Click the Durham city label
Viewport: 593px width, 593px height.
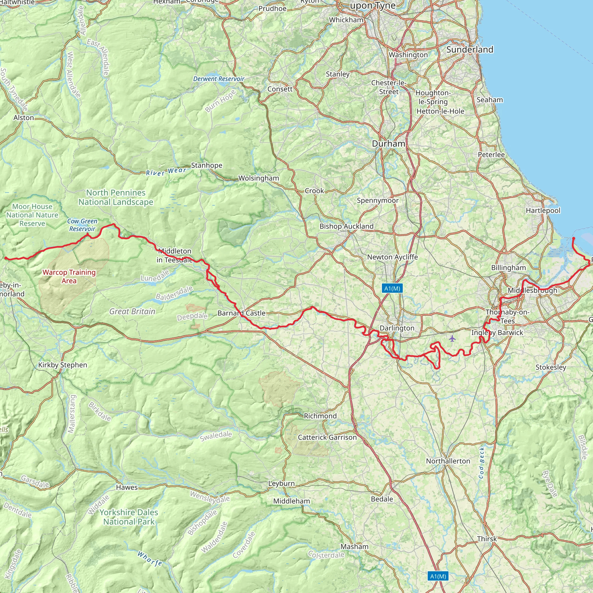click(388, 144)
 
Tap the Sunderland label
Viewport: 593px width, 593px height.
click(470, 50)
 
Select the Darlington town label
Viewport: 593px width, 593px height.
click(397, 328)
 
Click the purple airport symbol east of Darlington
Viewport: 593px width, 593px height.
click(452, 339)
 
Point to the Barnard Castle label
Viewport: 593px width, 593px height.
click(241, 313)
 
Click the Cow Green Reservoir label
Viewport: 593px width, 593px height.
click(82, 225)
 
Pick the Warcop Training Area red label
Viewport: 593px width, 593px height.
click(69, 276)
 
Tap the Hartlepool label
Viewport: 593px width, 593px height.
click(543, 211)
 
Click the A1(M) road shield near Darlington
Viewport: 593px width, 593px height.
click(392, 288)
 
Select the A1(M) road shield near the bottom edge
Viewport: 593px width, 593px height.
click(438, 576)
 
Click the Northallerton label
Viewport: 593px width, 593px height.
click(448, 461)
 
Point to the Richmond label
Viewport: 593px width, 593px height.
click(320, 416)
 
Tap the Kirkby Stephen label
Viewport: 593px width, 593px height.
click(63, 365)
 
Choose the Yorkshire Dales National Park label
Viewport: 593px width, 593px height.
click(129, 517)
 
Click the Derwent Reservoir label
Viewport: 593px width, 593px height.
click(219, 79)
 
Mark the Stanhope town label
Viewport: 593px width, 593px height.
click(206, 165)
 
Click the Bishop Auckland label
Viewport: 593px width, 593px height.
click(346, 226)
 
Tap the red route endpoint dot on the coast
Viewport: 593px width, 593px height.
click(573, 238)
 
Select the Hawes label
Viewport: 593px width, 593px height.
click(127, 487)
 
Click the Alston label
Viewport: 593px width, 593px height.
click(24, 118)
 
